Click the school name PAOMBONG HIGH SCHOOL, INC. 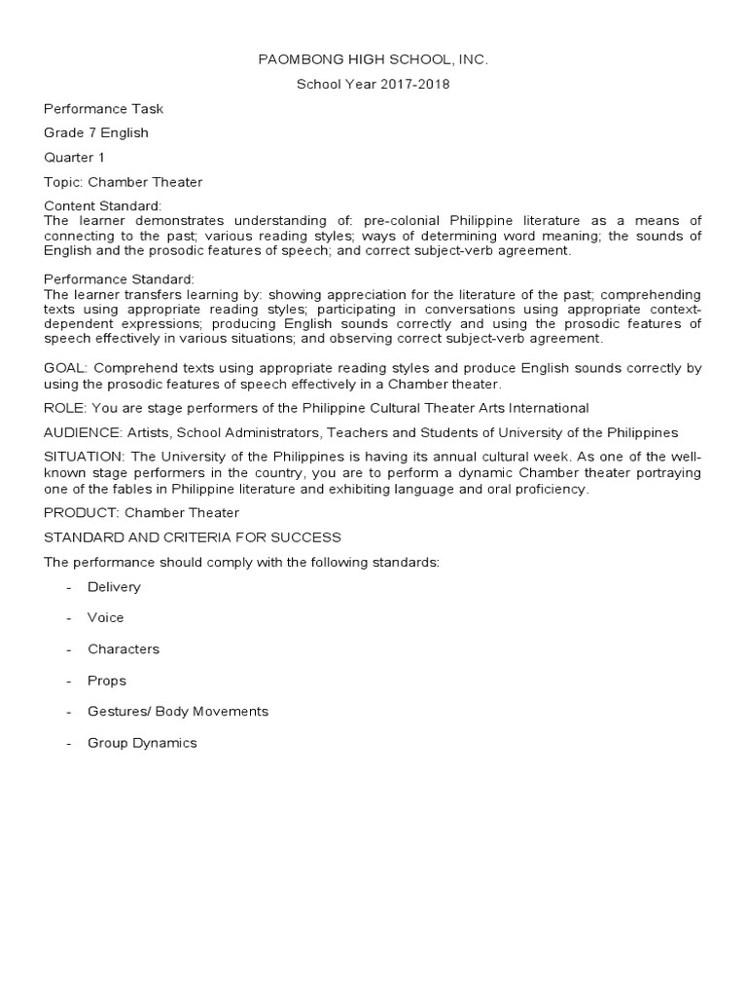click(x=373, y=60)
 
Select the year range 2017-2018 click(x=410, y=85)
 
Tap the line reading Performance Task click(x=103, y=109)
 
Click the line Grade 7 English click(x=96, y=132)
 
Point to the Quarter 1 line click(x=74, y=157)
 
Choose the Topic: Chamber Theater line click(x=123, y=182)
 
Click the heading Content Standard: click(x=103, y=206)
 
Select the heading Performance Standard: click(x=120, y=279)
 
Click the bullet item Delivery click(x=114, y=587)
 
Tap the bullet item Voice click(x=106, y=617)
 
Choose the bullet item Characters click(x=124, y=649)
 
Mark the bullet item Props click(x=107, y=681)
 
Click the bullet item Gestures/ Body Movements click(x=178, y=712)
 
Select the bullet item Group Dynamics click(x=142, y=743)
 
